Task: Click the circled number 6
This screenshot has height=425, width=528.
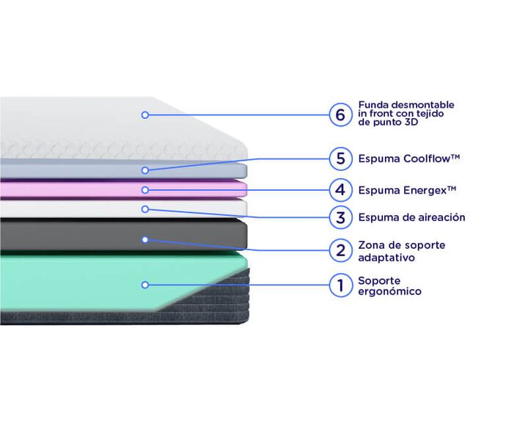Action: (x=340, y=115)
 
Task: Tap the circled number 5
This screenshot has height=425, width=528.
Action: (x=340, y=159)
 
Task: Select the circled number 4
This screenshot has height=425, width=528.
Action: (x=340, y=190)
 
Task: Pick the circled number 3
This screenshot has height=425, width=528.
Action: (x=340, y=217)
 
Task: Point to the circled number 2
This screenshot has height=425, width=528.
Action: (x=340, y=250)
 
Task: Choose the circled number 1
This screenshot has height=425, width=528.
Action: (x=340, y=285)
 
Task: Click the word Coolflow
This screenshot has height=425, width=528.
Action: (x=427, y=159)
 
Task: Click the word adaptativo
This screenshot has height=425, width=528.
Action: (x=386, y=258)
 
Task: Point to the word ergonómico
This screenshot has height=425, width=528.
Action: (x=389, y=291)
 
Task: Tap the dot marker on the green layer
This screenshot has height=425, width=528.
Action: (x=145, y=285)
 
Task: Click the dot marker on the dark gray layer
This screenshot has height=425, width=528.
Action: (x=145, y=239)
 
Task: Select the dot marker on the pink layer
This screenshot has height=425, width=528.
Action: (x=145, y=190)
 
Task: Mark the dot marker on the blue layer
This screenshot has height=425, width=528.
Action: (x=145, y=170)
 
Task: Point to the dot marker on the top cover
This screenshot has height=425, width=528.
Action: (x=145, y=115)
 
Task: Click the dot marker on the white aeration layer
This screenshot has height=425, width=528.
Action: (x=145, y=209)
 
